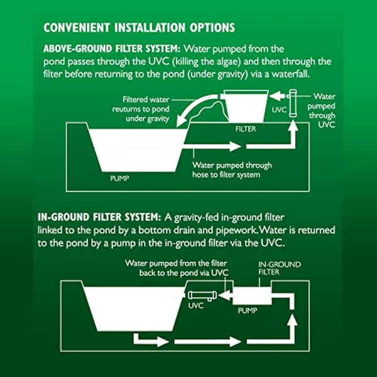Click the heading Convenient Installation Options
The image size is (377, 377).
139,28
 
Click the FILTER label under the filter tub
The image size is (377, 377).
246,128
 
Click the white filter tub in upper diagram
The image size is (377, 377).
247,105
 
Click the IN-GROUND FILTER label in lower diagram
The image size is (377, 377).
280,269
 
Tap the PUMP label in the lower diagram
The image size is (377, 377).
248,310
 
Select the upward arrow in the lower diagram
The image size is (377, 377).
290,327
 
